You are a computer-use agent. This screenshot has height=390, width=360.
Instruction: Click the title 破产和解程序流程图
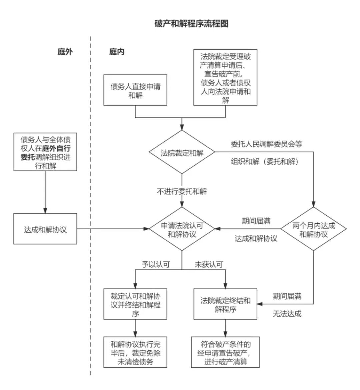191,24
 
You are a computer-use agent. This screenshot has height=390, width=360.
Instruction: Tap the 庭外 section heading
65,52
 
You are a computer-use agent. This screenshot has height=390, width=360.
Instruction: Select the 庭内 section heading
117,52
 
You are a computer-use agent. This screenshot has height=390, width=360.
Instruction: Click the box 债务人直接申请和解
135,90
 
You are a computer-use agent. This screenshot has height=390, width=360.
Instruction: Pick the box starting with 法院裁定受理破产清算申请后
226,77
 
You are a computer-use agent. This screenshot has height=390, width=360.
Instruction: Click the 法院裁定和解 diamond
182,153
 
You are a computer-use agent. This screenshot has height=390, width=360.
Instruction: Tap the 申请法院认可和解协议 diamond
182,229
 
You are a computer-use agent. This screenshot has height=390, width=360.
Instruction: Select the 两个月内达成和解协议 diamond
313,229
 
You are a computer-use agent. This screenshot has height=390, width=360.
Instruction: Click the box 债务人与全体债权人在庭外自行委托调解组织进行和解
45,152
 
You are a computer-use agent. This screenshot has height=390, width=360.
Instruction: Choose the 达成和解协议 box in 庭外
45,229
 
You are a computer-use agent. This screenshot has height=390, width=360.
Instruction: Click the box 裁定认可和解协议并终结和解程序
135,304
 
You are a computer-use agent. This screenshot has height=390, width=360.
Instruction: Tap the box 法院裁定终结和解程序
226,304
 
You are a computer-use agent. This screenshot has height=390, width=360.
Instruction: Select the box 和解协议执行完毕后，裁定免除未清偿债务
135,352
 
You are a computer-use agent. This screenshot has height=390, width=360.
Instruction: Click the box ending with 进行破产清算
226,352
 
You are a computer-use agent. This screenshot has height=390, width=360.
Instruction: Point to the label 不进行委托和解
182,191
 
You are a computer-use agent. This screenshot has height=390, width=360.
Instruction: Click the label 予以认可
156,265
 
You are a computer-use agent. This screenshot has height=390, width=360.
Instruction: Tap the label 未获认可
209,265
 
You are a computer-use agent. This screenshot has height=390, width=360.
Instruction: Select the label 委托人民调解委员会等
267,144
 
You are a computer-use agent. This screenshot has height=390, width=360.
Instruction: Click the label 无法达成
287,314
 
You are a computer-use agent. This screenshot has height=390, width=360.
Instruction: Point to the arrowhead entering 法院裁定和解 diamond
182,128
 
